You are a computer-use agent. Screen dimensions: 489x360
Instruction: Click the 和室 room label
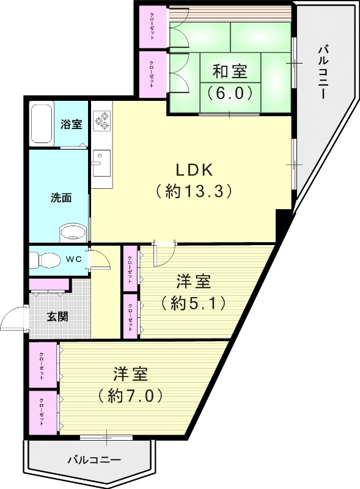click(230, 72)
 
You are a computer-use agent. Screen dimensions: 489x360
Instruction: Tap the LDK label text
click(192, 169)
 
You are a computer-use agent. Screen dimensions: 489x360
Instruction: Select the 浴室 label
click(72, 124)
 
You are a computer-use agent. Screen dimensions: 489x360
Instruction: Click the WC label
click(74, 259)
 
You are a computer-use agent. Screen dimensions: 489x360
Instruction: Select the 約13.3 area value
click(192, 191)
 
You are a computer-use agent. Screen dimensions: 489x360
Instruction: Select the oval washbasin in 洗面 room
click(73, 233)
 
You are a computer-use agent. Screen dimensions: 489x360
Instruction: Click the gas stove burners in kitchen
click(101, 120)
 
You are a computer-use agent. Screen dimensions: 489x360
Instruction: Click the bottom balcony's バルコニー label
click(93, 458)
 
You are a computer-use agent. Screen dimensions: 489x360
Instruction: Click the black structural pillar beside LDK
click(283, 225)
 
